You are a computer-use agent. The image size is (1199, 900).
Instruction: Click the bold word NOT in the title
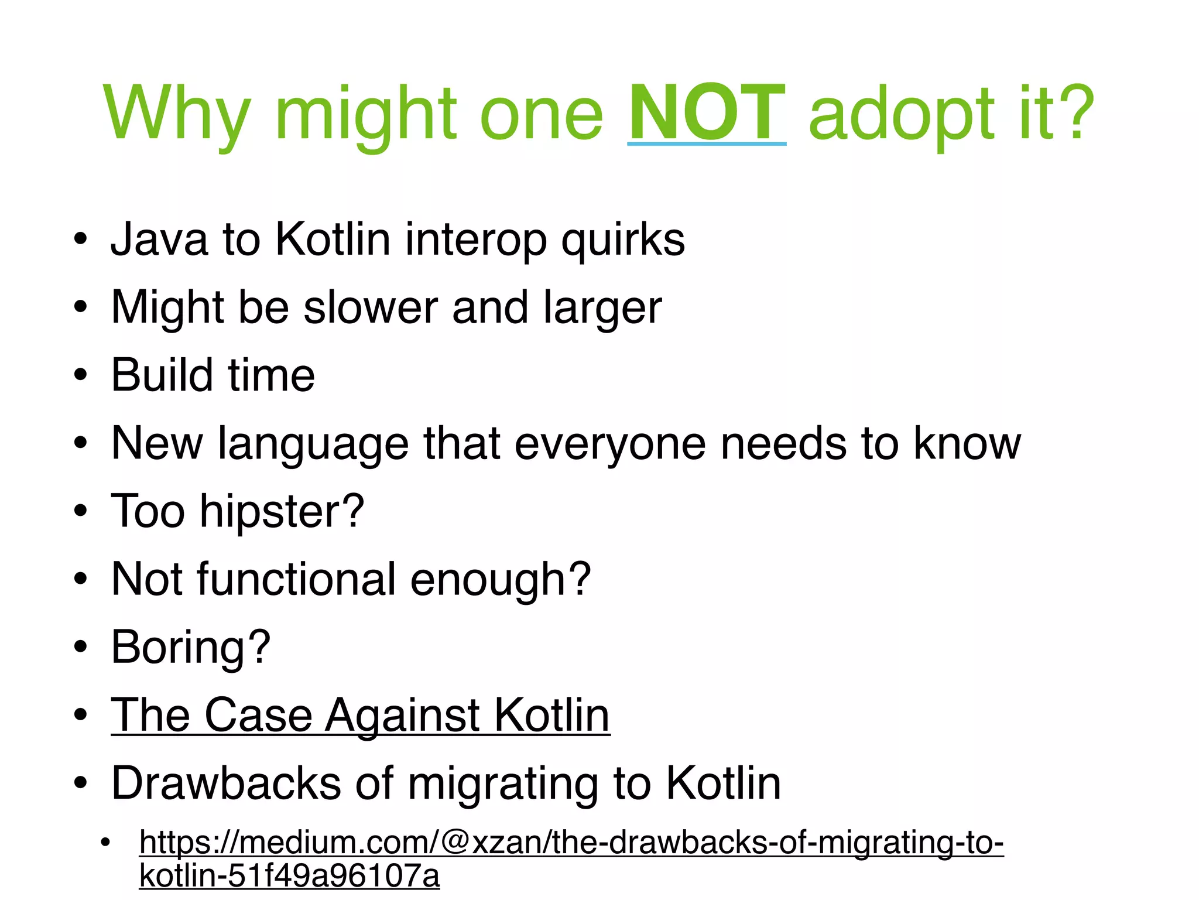click(706, 112)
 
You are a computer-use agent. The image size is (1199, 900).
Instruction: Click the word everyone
click(610, 443)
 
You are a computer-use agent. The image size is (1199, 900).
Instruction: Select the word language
click(313, 443)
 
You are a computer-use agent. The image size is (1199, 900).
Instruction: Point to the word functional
click(296, 579)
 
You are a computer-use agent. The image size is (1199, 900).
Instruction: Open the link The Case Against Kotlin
click(360, 715)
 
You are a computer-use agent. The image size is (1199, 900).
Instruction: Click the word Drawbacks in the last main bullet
click(226, 783)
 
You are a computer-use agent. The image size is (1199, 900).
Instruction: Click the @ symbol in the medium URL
click(454, 843)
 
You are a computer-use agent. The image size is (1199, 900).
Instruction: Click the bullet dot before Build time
click(81, 375)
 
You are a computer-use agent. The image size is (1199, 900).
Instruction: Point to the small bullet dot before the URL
click(105, 844)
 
